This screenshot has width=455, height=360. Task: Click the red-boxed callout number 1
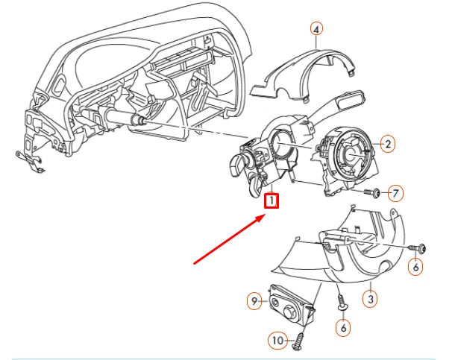click(272, 200)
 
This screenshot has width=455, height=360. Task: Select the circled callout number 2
click(387, 143)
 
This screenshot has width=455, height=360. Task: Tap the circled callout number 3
click(369, 299)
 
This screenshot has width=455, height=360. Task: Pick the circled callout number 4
click(317, 29)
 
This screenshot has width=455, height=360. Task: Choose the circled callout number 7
click(395, 193)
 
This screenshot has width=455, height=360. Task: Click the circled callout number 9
click(254, 301)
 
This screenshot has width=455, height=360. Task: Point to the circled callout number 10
click(277, 341)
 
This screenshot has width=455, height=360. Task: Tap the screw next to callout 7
click(374, 192)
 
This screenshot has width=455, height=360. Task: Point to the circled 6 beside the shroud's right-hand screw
click(416, 267)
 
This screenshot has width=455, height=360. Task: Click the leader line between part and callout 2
click(374, 144)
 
